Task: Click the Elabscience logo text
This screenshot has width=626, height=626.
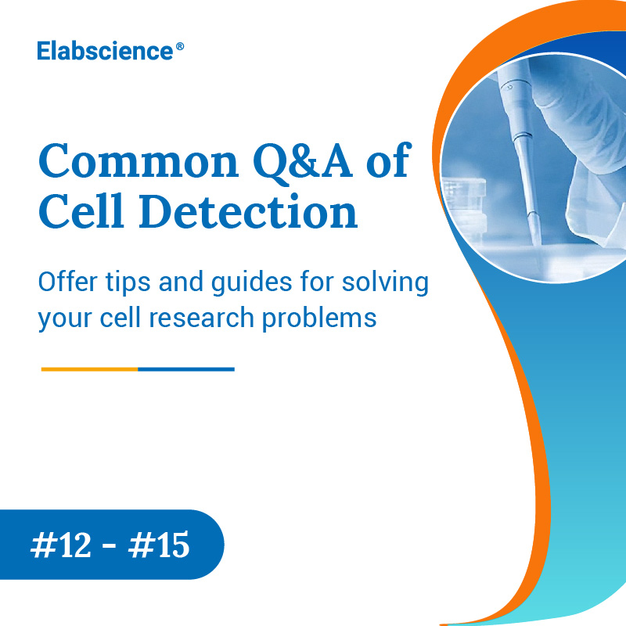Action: click(x=105, y=52)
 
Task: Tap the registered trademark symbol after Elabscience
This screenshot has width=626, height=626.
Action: click(x=180, y=47)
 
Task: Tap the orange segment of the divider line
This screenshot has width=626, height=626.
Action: click(x=89, y=369)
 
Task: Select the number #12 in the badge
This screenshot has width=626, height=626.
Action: click(x=64, y=545)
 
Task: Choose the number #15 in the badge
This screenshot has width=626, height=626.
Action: click(x=161, y=545)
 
